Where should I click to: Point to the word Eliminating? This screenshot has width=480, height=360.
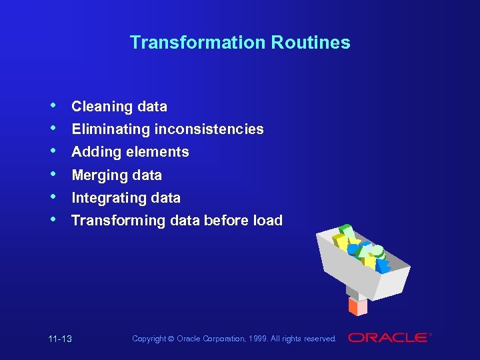click(x=111, y=129)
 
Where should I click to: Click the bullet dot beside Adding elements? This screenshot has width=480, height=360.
click(x=53, y=151)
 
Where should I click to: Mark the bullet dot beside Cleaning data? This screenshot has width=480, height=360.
click(x=53, y=105)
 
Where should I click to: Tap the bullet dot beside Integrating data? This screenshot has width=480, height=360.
click(x=53, y=197)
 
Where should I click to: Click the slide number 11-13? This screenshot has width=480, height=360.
click(x=60, y=339)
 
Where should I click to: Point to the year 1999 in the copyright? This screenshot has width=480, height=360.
click(x=256, y=339)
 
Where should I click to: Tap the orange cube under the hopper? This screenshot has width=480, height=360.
click(x=357, y=307)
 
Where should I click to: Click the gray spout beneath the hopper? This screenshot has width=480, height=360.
click(x=353, y=292)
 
